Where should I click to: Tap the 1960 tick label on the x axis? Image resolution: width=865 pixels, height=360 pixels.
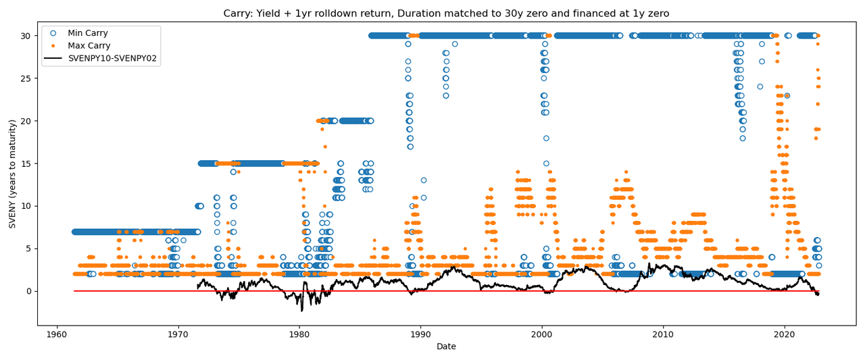click(57, 334)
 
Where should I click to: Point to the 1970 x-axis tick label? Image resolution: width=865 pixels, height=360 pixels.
click(178, 334)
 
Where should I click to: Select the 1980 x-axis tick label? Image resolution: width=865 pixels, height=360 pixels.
click(299, 334)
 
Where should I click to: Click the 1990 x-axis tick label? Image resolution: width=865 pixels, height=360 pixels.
click(420, 334)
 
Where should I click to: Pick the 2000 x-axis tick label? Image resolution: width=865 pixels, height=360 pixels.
click(541, 334)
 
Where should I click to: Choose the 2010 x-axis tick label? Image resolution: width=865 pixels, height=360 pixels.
click(663, 334)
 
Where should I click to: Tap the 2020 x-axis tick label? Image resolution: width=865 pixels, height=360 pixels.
click(784, 334)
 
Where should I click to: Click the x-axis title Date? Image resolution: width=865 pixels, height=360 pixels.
click(446, 347)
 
